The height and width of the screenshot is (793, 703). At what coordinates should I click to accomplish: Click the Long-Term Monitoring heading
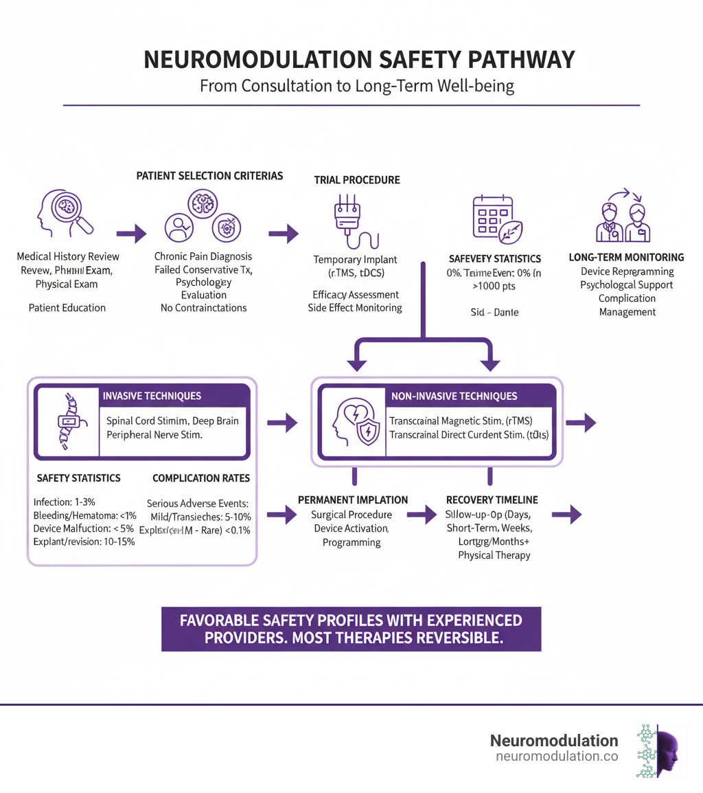pos(626,257)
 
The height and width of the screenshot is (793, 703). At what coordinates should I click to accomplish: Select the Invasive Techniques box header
pos(152,396)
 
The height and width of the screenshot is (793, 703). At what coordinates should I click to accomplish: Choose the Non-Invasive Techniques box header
pos(453,396)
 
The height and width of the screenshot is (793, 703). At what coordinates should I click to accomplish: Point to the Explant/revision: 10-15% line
pos(84,541)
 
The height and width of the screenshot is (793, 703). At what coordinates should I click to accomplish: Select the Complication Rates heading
pos(201,478)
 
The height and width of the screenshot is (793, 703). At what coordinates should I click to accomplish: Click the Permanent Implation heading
pos(353,500)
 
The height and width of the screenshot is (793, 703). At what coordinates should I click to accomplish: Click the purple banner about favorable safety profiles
pos(351,629)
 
